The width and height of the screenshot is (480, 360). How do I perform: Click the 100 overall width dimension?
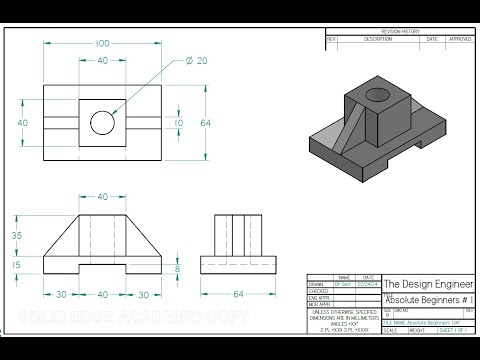click(102, 45)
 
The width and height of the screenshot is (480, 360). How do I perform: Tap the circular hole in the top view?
click(102, 123)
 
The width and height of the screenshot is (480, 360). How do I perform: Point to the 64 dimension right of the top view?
click(206, 123)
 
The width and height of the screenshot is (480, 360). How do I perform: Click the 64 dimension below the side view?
click(238, 295)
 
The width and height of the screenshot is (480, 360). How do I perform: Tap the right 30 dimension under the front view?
click(143, 295)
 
